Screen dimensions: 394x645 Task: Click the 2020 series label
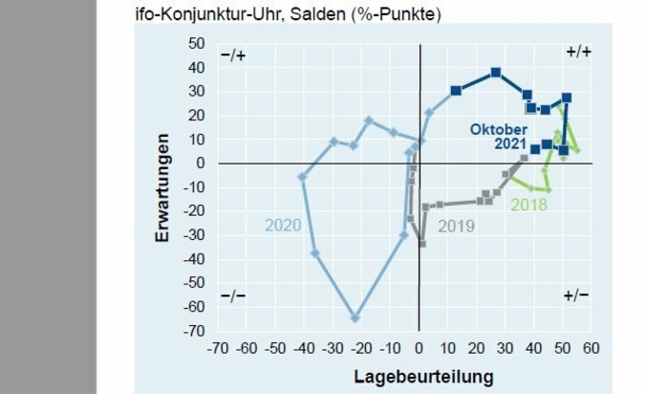[x=283, y=225]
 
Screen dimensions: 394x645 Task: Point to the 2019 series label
[x=457, y=227]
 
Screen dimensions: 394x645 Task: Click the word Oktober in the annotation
[x=497, y=129]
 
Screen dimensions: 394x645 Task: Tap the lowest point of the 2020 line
[x=355, y=317]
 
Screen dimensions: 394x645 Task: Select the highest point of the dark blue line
[x=496, y=73]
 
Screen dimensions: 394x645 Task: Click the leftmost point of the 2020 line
[x=303, y=177]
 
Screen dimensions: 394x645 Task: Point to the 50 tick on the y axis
[x=198, y=43]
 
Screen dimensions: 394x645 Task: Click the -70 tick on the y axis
[x=195, y=331]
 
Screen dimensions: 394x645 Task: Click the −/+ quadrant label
[x=233, y=55]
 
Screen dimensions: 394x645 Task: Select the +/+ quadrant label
[x=578, y=53]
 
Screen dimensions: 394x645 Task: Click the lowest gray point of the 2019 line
[x=421, y=244]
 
